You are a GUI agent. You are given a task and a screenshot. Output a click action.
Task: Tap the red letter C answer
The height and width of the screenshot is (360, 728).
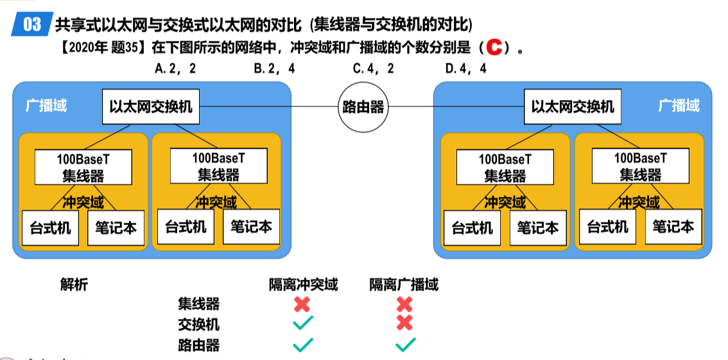point(493,47)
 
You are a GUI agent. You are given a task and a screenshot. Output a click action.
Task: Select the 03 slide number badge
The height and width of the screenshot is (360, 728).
point(31,24)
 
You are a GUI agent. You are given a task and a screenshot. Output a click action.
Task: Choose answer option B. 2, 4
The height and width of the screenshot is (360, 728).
point(274,69)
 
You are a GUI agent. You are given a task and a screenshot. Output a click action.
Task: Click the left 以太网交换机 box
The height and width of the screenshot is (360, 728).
point(151,107)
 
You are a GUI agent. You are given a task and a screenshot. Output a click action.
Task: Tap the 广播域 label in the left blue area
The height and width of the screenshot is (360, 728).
point(46,105)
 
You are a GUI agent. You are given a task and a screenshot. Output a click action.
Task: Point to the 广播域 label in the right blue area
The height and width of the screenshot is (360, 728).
point(679,105)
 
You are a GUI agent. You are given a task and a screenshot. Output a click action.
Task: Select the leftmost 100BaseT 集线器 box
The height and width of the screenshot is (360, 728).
point(83,166)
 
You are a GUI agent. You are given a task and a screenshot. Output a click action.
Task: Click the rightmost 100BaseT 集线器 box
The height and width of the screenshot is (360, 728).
point(640,166)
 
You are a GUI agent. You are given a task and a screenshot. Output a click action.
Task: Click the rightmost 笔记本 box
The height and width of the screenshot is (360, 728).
point(673,227)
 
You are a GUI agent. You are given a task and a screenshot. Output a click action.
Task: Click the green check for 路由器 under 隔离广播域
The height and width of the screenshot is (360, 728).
point(405,345)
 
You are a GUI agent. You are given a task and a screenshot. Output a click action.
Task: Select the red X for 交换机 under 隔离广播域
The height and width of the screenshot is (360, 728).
point(404,323)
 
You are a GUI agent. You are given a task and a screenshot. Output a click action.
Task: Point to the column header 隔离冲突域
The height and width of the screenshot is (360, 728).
point(303,284)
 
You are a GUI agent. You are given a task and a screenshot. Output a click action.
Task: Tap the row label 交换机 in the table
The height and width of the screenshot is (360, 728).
point(198,324)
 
